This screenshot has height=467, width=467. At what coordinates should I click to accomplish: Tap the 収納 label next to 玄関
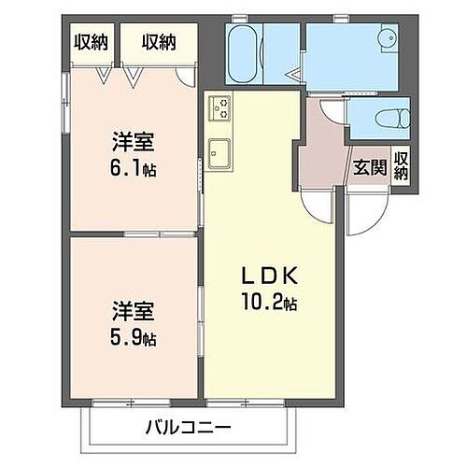pos(402,165)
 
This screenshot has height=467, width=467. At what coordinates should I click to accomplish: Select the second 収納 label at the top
pos(158,41)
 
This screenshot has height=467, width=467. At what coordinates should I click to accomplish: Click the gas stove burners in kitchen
pos(220,108)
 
